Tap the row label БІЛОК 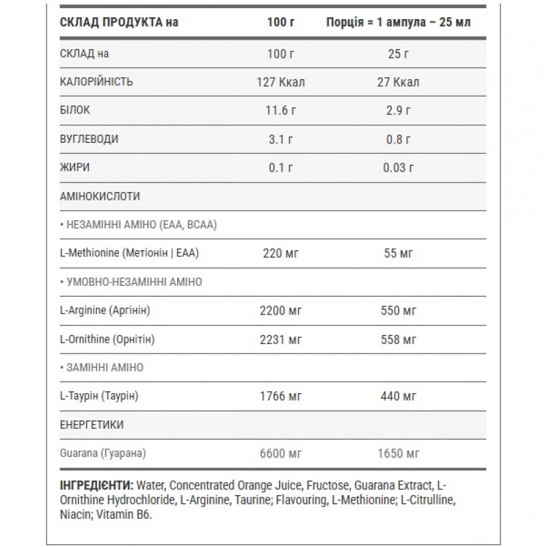click(75, 110)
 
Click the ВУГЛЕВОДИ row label click(90, 139)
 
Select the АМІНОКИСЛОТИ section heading click(101, 196)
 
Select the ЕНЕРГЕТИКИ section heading click(92, 425)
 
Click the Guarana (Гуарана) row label click(103, 453)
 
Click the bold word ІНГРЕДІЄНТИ click(96, 485)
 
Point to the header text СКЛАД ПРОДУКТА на click(119, 22)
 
